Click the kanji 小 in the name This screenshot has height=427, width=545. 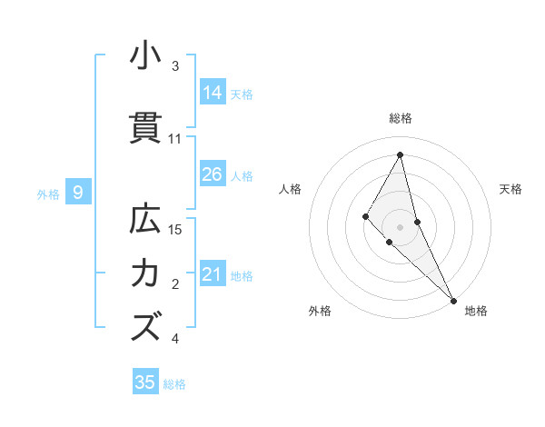[145, 55]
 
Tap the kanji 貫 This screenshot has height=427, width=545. [145, 128]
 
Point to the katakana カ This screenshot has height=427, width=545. [145, 273]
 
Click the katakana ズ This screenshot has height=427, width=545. [145, 326]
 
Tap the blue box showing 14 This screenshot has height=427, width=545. [213, 92]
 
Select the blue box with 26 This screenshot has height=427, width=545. [213, 174]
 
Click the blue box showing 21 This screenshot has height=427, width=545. [213, 274]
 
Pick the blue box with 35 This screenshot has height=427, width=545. [145, 382]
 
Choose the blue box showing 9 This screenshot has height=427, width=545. [78, 193]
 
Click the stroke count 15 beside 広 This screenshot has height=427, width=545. [176, 230]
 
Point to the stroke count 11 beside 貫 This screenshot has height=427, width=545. [175, 139]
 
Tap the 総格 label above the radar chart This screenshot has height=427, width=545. [400, 118]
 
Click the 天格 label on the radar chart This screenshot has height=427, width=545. [510, 189]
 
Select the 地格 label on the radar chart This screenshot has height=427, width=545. [476, 311]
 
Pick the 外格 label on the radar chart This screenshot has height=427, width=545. [320, 311]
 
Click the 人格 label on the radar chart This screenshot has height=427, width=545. [290, 189]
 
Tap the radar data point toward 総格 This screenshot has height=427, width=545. [400, 154]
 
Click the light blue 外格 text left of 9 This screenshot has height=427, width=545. [48, 194]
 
